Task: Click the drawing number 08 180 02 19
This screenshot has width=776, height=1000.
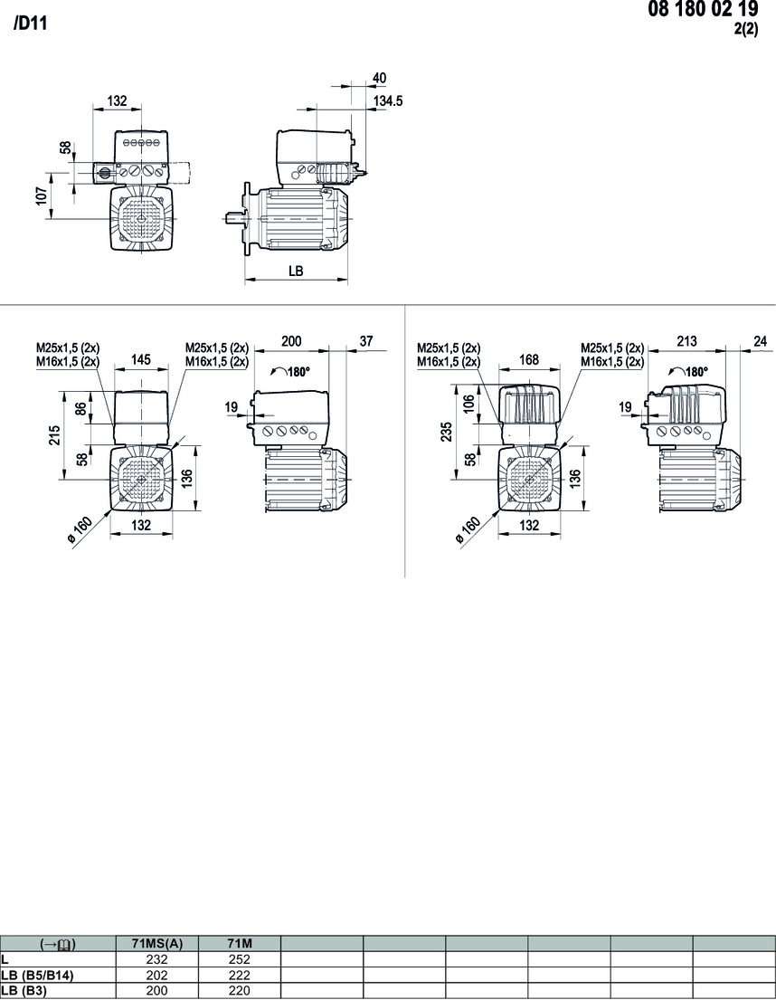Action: click(x=703, y=10)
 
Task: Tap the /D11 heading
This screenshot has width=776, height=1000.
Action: click(x=30, y=24)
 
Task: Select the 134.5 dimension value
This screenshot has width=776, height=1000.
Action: click(x=388, y=100)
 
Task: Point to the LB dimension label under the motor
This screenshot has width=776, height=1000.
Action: click(x=296, y=271)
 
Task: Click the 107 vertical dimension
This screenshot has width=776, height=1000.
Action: click(x=42, y=195)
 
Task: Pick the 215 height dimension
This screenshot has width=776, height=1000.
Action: click(x=55, y=435)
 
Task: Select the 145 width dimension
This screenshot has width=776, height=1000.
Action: click(x=141, y=359)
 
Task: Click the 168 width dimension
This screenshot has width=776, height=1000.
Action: click(x=529, y=359)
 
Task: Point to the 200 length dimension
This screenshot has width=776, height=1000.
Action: click(x=291, y=341)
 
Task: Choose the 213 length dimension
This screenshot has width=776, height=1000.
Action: click(x=686, y=341)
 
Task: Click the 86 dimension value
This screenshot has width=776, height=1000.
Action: click(x=81, y=408)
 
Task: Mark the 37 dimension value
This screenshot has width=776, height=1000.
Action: click(x=365, y=341)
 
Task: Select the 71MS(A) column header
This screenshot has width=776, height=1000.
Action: click(x=156, y=944)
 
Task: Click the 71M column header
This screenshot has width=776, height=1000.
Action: click(x=240, y=944)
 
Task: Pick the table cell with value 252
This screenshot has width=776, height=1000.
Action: click(x=240, y=959)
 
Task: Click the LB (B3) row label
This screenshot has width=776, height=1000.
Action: click(x=24, y=990)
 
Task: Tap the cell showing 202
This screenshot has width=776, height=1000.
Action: click(x=156, y=976)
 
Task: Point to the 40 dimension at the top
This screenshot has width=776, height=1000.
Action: click(x=379, y=78)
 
